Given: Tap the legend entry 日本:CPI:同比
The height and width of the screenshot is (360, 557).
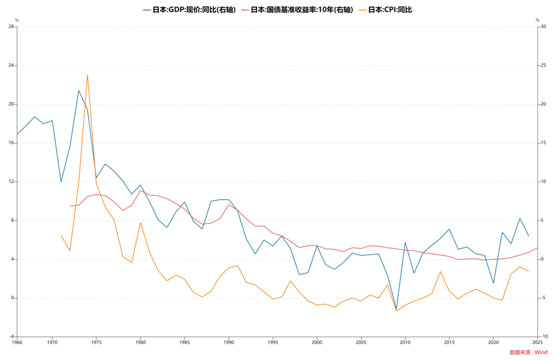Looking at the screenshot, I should [x=389, y=10].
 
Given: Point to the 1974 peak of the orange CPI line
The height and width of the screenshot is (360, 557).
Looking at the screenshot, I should [x=87, y=75].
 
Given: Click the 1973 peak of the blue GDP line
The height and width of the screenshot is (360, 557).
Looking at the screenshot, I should [x=78, y=90].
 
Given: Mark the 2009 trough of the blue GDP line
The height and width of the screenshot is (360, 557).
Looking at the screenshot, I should [x=396, y=309].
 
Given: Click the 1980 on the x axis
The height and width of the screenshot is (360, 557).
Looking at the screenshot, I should [x=140, y=342].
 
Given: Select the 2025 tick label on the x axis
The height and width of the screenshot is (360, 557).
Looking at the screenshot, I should [x=538, y=342].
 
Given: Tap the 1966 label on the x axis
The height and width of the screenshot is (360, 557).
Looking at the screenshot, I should [x=17, y=342].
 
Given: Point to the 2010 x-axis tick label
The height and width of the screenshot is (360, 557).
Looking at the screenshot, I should [x=405, y=342].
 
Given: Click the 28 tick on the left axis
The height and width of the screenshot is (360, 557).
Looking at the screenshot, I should [x=11, y=27].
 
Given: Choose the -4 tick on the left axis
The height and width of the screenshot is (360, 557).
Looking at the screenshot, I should [x=11, y=336].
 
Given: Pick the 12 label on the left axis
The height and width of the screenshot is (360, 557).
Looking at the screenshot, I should [x=11, y=182].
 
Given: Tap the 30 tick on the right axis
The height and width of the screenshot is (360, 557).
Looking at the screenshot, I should [x=544, y=27].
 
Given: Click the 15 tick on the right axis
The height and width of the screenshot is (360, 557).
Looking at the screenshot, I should [x=544, y=143].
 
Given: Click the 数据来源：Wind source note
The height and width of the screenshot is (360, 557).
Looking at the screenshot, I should [x=528, y=352].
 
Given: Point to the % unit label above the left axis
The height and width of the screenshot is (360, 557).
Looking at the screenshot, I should [x=17, y=20].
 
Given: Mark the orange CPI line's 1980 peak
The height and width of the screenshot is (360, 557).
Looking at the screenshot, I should [x=140, y=223].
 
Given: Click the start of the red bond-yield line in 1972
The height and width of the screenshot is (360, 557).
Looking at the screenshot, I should [x=70, y=206].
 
